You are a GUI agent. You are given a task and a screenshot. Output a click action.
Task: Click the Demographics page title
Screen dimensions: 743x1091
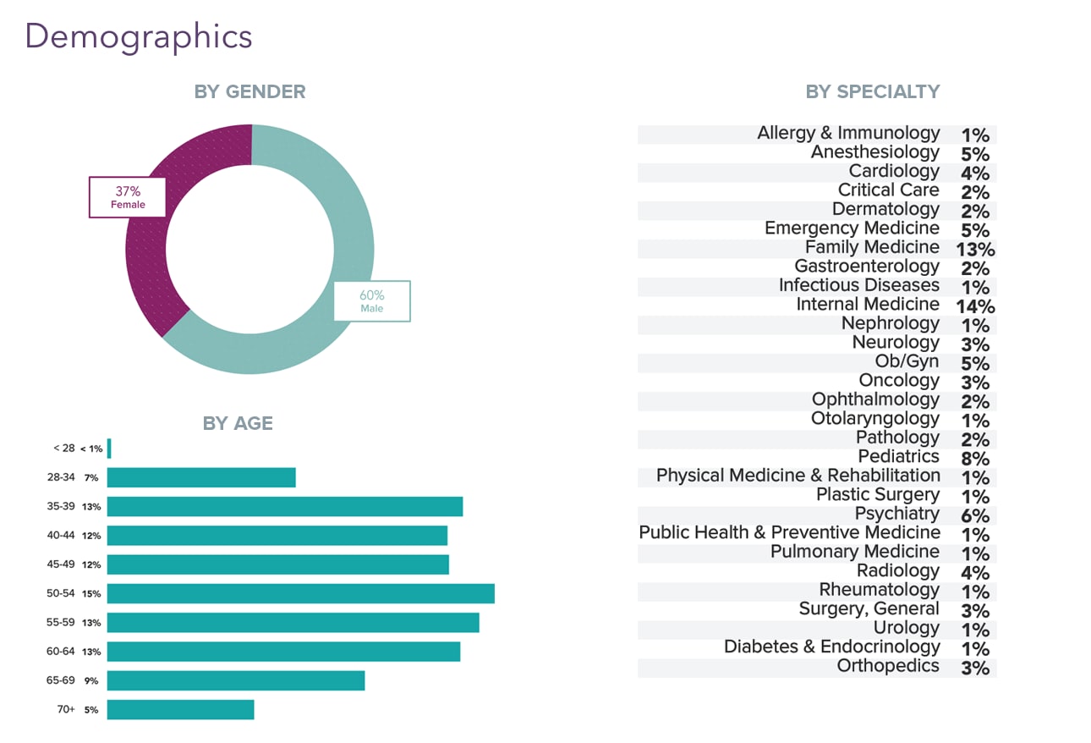pos(139,37)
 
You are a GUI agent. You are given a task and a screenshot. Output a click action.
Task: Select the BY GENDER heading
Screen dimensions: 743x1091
pos(249,91)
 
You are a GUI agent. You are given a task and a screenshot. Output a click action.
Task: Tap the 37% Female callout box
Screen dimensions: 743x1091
pos(128,197)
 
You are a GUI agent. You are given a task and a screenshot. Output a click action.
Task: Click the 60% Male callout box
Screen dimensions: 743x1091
pos(371,301)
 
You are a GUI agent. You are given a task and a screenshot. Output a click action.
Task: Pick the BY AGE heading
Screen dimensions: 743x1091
pos(238,423)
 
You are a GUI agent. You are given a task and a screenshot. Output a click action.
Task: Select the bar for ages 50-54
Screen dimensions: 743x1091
pos(300,593)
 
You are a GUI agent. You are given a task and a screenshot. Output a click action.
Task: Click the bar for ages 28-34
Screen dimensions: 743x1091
pos(201,477)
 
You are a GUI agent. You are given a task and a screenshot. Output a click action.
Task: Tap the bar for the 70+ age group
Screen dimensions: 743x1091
pos(180,709)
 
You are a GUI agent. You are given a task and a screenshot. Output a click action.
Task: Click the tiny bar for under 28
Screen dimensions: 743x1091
pos(109,449)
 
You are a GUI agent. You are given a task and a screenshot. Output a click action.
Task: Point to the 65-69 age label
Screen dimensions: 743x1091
pos(61,680)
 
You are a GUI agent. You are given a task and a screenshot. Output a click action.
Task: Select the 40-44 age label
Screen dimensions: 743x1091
pos(61,536)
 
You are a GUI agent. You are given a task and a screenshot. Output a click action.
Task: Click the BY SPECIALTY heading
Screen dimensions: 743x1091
pos(872,91)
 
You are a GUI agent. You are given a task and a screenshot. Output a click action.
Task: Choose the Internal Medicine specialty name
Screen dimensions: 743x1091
pos(867,305)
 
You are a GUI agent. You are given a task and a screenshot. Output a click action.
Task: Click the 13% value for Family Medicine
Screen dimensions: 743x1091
pos(974,250)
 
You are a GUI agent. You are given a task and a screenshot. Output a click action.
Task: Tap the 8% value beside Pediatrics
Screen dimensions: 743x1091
pos(974,459)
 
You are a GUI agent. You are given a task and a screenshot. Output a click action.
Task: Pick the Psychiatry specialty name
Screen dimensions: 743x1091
pos(896,514)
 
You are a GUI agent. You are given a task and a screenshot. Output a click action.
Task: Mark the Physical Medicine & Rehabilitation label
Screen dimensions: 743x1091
pos(798,476)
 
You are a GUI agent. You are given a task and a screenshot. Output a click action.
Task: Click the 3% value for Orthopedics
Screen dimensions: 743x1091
pos(974,668)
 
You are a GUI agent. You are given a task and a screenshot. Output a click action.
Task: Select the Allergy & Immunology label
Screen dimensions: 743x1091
pos(847,133)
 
